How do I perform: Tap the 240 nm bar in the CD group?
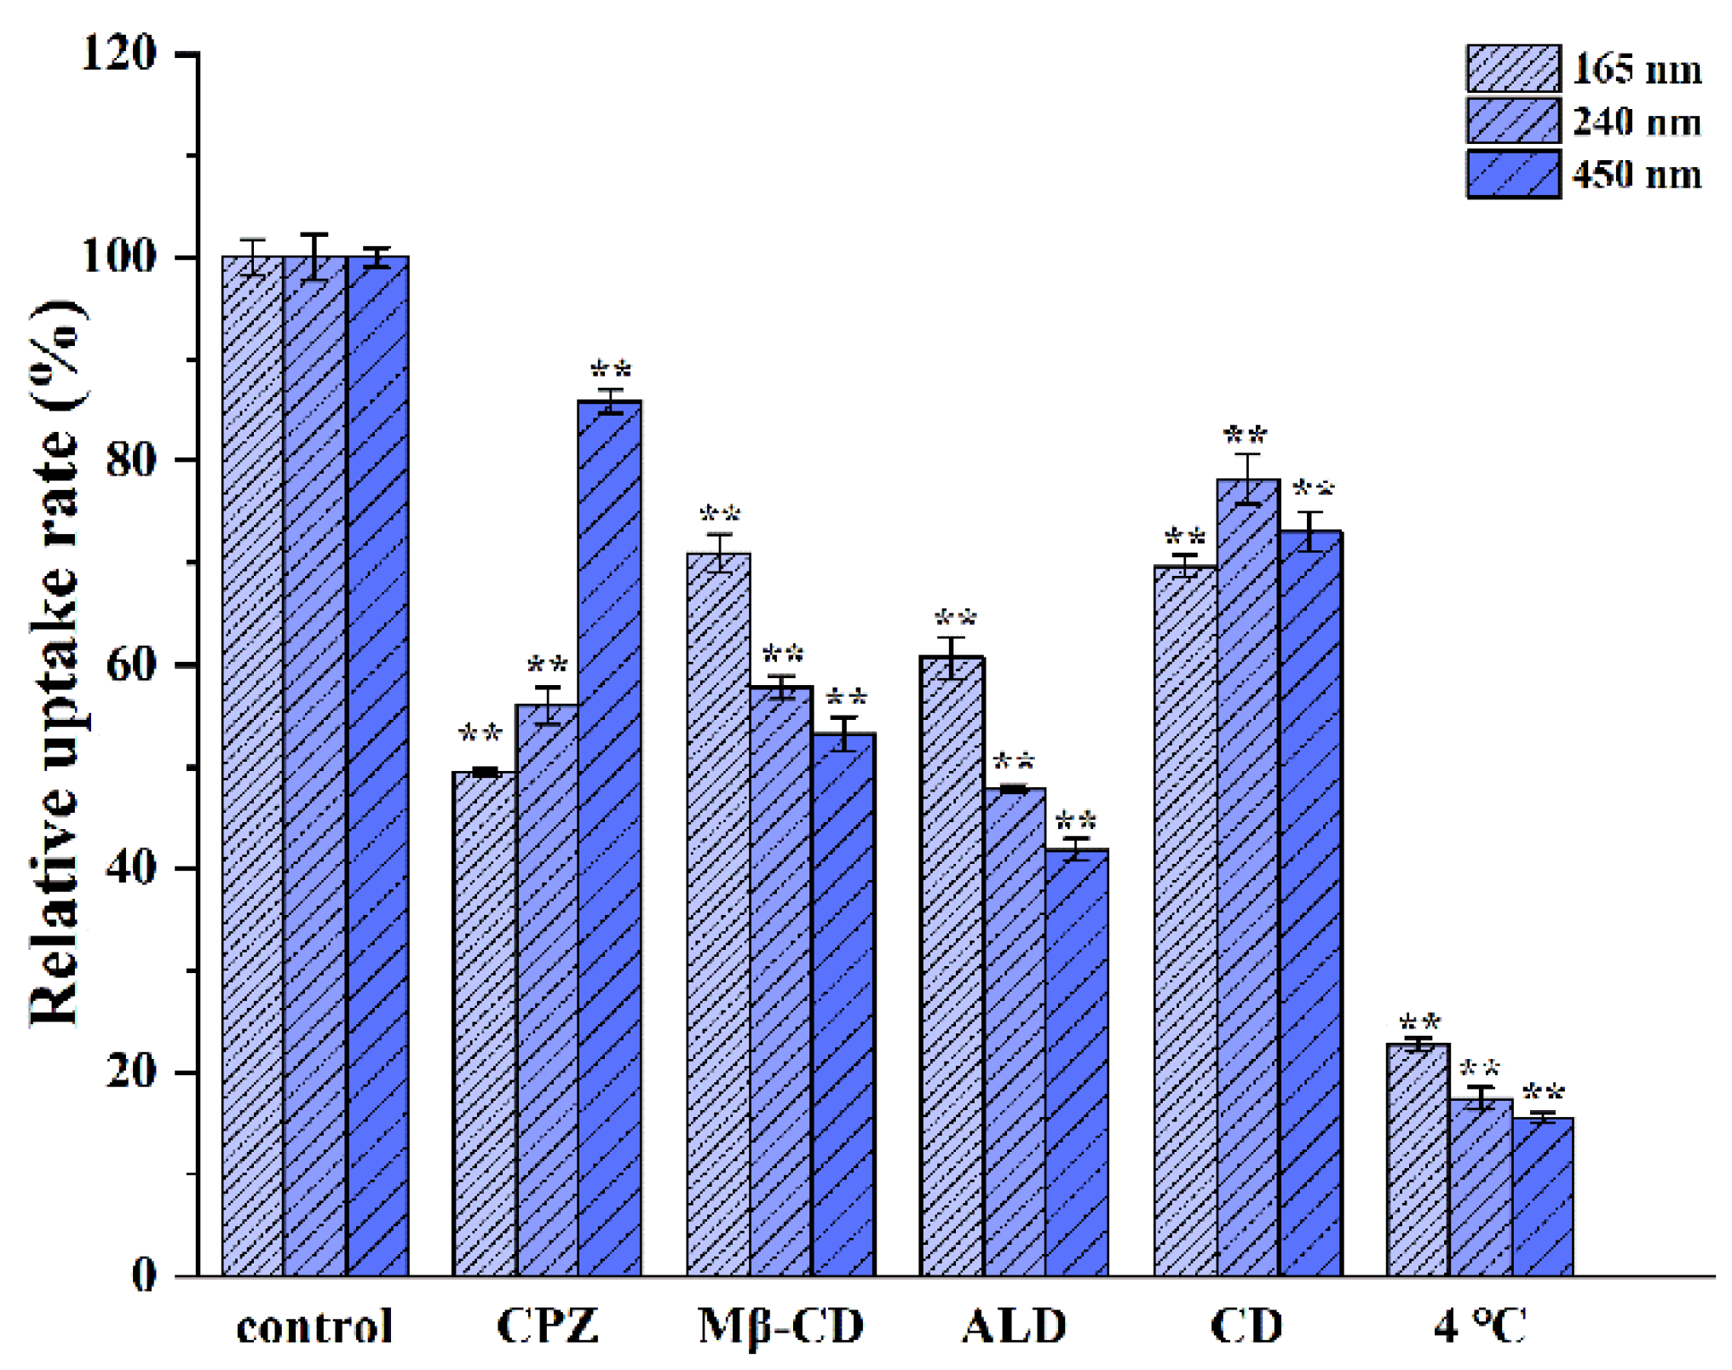(x=1248, y=878)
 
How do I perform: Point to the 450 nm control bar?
(x=377, y=767)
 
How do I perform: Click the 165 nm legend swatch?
(x=1513, y=69)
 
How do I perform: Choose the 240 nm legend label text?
(x=1637, y=122)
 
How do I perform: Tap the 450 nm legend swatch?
(x=1513, y=175)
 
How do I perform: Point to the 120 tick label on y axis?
(x=118, y=53)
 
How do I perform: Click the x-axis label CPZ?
(x=548, y=1326)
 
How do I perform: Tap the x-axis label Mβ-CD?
(x=781, y=1326)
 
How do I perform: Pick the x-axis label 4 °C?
(x=1481, y=1326)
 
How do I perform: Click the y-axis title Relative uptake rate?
(x=56, y=665)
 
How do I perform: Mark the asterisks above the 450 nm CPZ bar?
(x=611, y=371)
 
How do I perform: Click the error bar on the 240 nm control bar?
(x=314, y=256)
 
